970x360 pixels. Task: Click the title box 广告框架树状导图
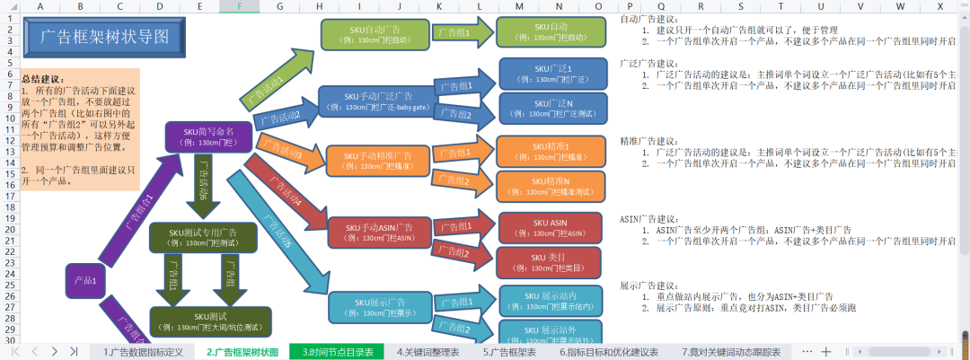coord(104,38)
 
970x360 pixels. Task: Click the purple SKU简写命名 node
coord(208,136)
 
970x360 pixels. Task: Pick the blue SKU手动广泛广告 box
coord(378,101)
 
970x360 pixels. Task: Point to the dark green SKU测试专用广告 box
coord(203,237)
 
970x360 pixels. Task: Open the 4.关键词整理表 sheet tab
coord(427,352)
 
